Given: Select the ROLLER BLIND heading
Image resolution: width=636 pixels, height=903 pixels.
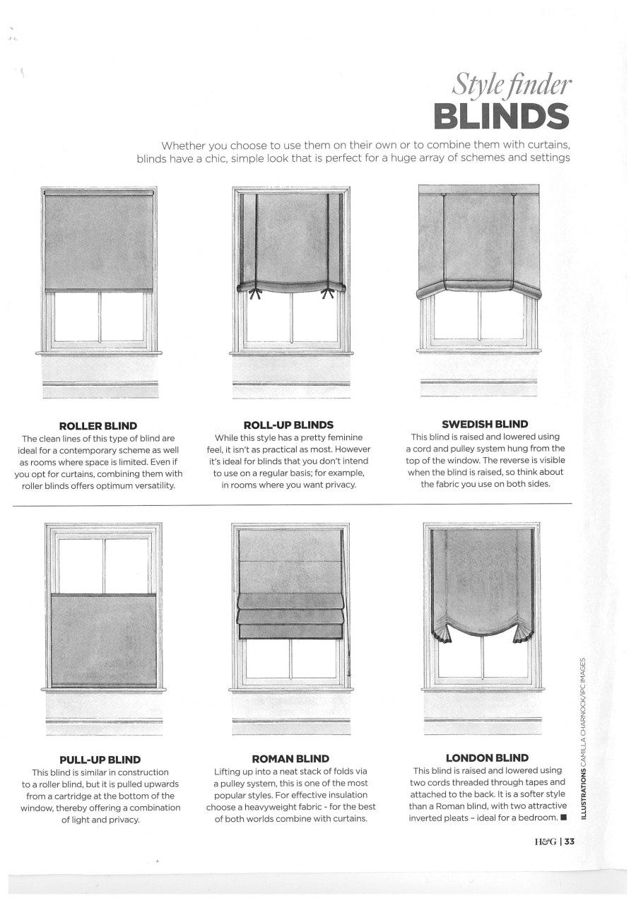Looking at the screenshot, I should pos(98,426).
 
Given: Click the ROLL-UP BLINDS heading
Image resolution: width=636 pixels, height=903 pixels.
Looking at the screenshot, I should pos(288,425).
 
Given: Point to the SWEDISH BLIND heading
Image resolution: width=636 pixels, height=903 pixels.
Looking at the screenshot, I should pos(485,425).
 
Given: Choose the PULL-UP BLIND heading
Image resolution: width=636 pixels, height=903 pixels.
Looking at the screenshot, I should pos(100,760).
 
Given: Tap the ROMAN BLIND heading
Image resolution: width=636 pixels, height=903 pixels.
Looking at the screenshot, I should pos(290,759).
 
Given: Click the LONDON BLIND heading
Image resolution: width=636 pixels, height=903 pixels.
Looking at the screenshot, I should pos(487,758).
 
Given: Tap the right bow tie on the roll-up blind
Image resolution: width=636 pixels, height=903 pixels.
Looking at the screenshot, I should pos(327,290).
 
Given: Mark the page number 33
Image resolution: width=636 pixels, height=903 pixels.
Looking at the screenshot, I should pos(570,842).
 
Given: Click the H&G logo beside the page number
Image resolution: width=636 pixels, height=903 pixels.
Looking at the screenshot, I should pos(546,842).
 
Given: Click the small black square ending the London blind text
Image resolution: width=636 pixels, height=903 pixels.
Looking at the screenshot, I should pos(563,818).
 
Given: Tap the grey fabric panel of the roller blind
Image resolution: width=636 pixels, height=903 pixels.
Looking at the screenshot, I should pos(99,240).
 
